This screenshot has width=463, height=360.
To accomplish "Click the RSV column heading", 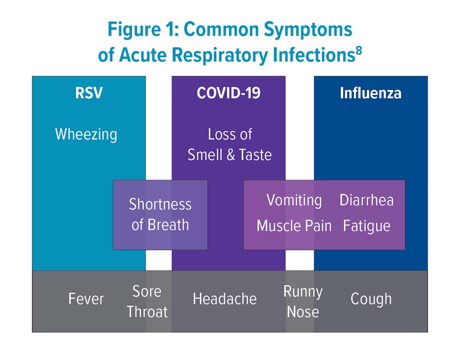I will pos(89,93).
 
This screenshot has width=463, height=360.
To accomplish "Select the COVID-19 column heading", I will pos(228,93).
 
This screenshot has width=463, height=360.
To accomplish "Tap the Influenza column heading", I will pos(370,93).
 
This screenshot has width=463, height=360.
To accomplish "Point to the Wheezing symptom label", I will pos(86,135).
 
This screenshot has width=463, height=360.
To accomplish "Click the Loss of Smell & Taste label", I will pos(230,145).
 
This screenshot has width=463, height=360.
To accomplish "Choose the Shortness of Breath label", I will pos(160,215).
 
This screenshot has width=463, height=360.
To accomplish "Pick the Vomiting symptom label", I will pos(294,200).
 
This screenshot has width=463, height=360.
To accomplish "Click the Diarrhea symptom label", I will pos(367,200).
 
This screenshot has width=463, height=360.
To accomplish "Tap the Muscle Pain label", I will pos(294,226).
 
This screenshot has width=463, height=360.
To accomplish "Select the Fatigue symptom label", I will pos(367,226).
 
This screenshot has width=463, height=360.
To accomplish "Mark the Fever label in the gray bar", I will pos(86,299).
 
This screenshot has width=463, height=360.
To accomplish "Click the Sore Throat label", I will pos(147,301).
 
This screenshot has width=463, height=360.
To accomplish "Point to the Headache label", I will pos(225,299).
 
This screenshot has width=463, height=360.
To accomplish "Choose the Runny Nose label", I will pos(303,301).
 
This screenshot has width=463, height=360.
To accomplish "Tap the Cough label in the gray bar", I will pos(371,299).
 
